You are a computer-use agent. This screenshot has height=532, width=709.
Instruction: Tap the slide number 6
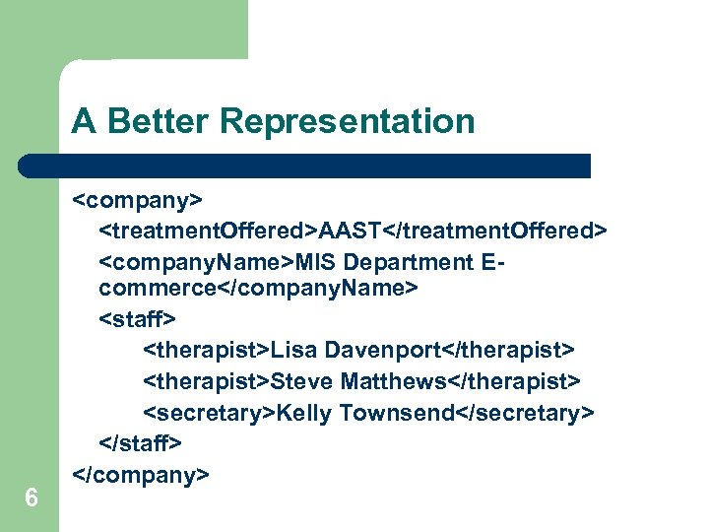(x=32, y=499)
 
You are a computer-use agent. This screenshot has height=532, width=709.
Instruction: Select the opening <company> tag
(x=137, y=200)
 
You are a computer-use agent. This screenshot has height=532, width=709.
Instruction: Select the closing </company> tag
(x=141, y=475)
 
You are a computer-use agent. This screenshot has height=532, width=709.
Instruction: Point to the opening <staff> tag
(x=138, y=320)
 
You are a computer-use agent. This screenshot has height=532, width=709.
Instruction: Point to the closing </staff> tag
(x=141, y=443)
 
